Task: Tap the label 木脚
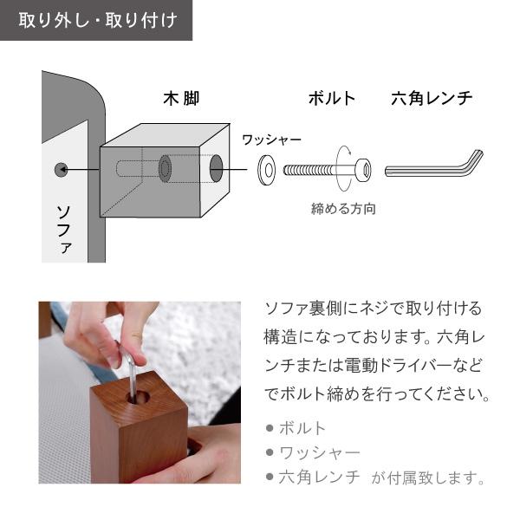pos(181,98)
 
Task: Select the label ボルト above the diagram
pos(332,98)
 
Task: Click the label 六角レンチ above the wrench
pos(432,98)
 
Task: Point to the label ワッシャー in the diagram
pos(271,140)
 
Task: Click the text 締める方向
pos(343,209)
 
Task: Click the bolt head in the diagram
pos(363,170)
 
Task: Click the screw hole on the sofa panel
pos(60,169)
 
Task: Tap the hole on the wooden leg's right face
pos(216,169)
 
